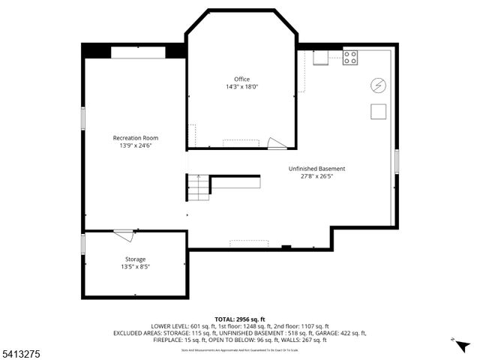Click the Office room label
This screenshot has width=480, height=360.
[241, 79]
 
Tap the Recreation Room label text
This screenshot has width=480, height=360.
[135, 138]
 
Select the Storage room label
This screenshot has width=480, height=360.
[135, 259]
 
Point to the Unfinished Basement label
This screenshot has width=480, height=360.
[316, 169]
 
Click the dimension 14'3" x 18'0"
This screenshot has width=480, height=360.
[241, 87]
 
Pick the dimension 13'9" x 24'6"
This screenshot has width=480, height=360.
[135, 145]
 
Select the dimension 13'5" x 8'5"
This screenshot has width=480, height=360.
[135, 267]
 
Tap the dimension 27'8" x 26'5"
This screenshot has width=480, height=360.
[316, 176]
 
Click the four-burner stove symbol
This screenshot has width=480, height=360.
[350, 58]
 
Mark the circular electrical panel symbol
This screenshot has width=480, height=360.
[378, 85]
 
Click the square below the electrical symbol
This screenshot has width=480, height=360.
[378, 112]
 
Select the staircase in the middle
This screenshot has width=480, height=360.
[198, 187]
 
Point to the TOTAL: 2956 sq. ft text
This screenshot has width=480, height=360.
[239, 319]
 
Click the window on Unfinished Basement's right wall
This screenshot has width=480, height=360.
[396, 163]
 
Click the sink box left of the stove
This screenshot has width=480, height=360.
[321, 58]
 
